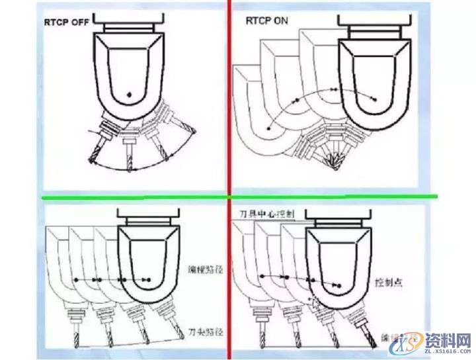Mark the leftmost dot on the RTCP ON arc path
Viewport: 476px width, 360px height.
coord(268,126)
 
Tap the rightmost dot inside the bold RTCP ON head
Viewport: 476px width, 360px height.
coord(374,99)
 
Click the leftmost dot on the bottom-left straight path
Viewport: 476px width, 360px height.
coord(76,281)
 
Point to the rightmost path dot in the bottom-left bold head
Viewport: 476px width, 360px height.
coord(151,281)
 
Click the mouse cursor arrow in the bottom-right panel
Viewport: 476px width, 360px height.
coord(314,302)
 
